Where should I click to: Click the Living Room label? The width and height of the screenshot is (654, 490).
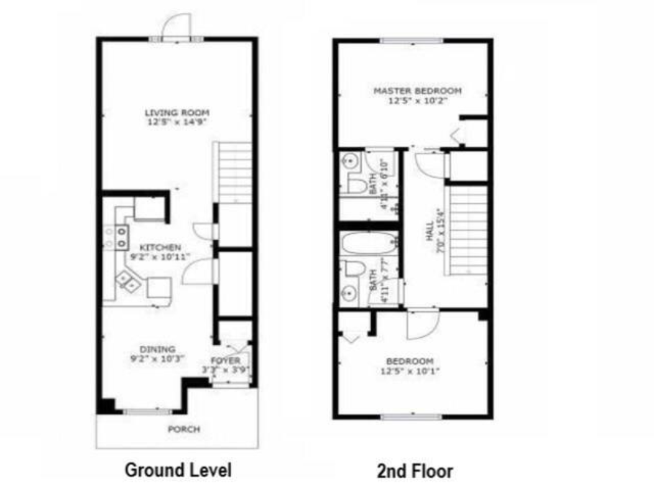point(177,112)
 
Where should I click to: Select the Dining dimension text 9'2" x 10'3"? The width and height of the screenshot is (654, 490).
point(157,358)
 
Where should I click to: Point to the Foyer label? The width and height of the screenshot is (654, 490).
point(226,361)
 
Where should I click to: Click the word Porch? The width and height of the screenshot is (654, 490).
point(184,429)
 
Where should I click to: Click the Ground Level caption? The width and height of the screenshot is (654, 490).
point(178,470)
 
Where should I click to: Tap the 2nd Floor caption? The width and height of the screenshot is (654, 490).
point(415,471)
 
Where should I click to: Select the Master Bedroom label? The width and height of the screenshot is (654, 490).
point(417,91)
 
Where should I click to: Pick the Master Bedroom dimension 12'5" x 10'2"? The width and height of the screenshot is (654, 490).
point(418,100)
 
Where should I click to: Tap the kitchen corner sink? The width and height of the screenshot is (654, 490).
point(130,281)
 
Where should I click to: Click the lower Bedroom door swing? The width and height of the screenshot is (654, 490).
point(422,325)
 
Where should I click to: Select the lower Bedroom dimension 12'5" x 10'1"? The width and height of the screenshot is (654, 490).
point(410,372)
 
